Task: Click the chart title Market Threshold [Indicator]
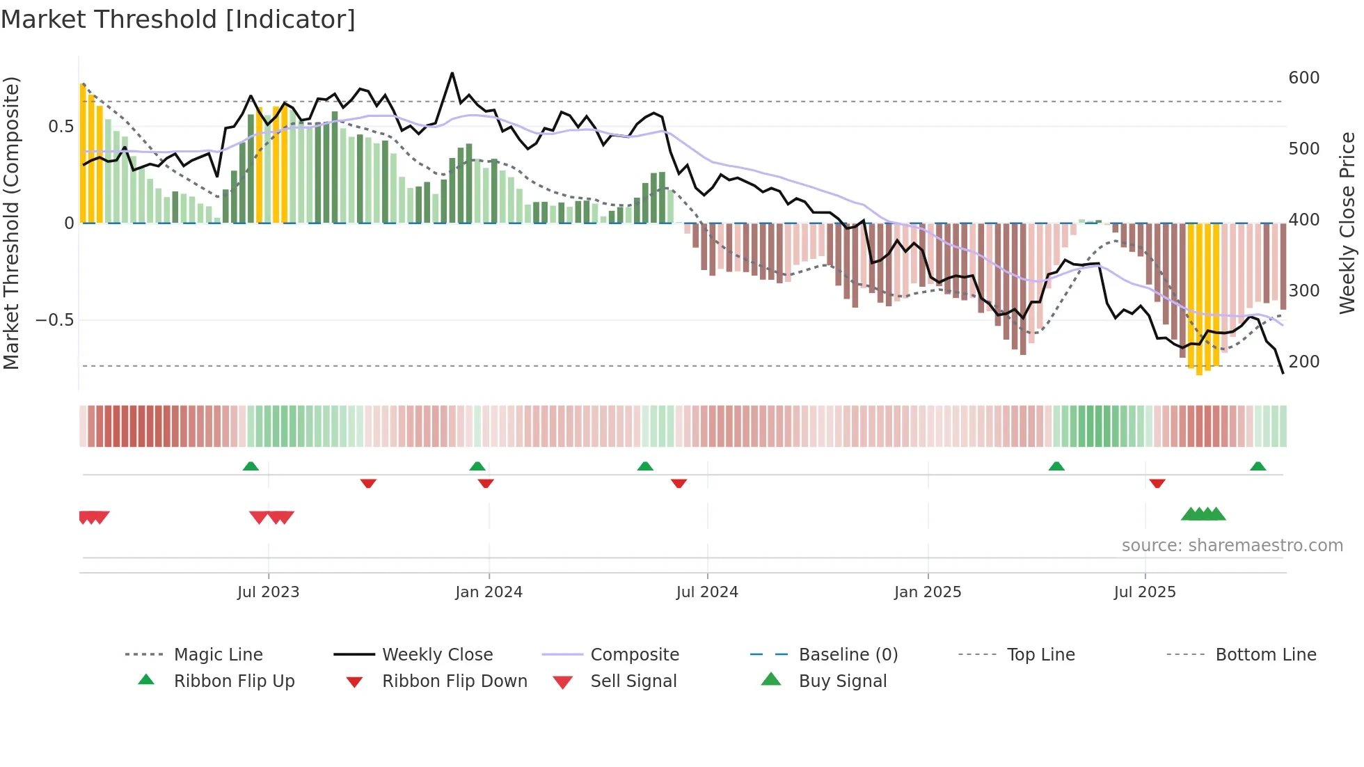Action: click(x=178, y=19)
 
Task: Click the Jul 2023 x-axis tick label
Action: click(x=268, y=592)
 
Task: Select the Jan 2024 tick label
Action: click(x=489, y=592)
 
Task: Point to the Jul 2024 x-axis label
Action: click(x=707, y=592)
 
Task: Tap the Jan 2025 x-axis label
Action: click(x=928, y=592)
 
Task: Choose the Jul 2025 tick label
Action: click(x=1145, y=592)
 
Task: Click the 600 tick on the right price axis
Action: click(x=1303, y=77)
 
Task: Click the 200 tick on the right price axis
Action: click(x=1303, y=361)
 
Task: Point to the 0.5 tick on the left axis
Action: click(x=61, y=127)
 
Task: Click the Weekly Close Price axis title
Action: click(x=1347, y=223)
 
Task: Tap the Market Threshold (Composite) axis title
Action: click(x=11, y=223)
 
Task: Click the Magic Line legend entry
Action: click(x=218, y=654)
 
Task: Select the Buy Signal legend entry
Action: click(x=842, y=681)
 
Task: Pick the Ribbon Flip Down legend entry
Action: click(x=454, y=681)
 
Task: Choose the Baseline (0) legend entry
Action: click(x=848, y=654)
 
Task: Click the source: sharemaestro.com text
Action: click(x=1232, y=545)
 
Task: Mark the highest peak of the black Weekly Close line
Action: click(x=452, y=73)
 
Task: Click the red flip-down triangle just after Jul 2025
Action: click(x=1157, y=483)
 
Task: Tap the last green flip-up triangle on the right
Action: click(x=1258, y=466)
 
